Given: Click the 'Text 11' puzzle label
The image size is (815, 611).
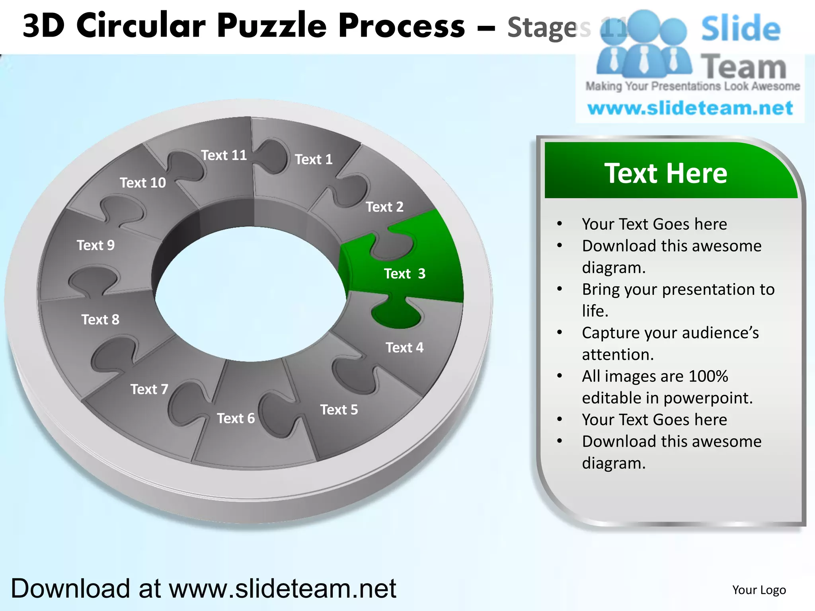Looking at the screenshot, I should point(224,155).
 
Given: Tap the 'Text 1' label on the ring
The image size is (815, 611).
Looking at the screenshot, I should point(314,160).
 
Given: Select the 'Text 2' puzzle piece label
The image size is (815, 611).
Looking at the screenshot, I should point(384,207).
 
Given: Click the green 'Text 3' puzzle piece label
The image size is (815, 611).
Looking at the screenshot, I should point(404,274).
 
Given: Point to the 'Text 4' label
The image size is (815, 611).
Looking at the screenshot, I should point(404,348).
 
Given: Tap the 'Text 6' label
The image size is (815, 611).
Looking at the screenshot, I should point(236,418).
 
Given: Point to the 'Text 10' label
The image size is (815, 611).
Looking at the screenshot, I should point(143,183).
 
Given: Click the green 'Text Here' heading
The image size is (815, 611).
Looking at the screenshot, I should point(666,173).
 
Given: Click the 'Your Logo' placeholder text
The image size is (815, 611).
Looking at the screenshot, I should point(759,590).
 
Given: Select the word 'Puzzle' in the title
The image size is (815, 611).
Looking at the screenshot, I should point(272,26).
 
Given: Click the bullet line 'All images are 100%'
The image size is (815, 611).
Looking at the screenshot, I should point(655,376).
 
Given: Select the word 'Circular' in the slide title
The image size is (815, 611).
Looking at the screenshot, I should point(141,26).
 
